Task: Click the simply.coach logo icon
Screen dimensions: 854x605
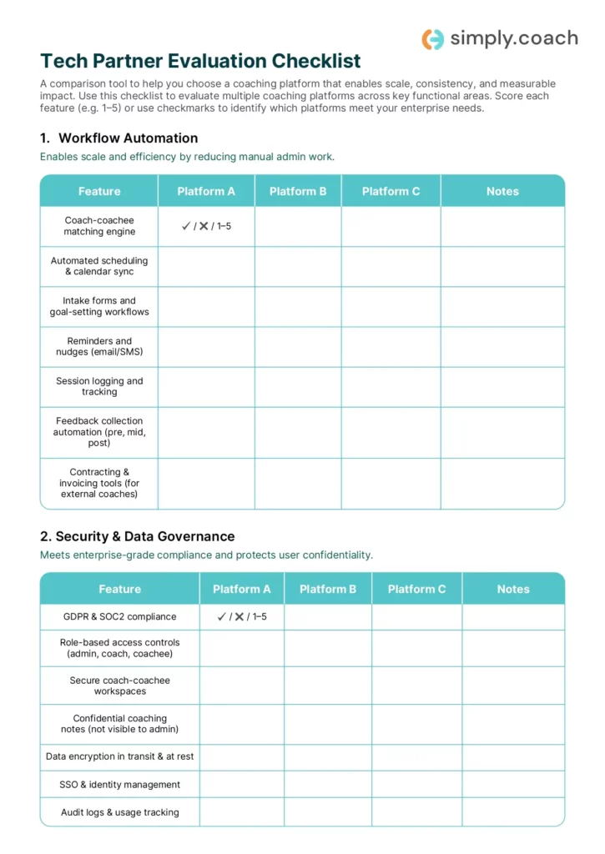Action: pos(432,38)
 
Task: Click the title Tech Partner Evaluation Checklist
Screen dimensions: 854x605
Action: pos(200,61)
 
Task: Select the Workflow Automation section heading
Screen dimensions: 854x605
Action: pos(118,138)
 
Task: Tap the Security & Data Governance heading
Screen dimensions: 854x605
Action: pos(137,536)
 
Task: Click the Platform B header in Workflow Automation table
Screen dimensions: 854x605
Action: pos(298,191)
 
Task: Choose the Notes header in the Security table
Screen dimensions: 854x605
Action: pos(512,589)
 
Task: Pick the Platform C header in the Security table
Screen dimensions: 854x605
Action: pos(416,589)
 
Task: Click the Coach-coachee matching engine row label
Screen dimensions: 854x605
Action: pos(99,226)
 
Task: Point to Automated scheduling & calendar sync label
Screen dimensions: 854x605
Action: pos(99,266)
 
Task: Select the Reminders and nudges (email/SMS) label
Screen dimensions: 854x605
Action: pos(99,346)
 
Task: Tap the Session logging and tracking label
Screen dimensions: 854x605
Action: pos(99,386)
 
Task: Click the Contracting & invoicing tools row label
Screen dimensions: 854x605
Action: pos(99,483)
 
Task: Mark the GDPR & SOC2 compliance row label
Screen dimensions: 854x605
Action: pos(119,617)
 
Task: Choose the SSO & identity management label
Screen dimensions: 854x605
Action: pos(119,785)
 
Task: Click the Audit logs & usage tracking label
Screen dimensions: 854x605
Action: pos(119,812)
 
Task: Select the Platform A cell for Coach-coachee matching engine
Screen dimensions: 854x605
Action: pos(206,226)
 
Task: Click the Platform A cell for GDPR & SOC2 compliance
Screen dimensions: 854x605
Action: pos(241,617)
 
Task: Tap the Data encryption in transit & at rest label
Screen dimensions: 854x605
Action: pos(119,757)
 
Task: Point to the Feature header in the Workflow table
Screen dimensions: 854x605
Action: pos(99,191)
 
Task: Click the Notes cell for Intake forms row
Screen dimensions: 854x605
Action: pos(502,306)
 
